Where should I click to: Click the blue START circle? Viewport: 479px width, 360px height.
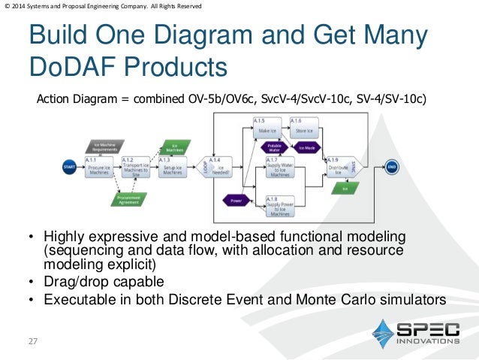69,167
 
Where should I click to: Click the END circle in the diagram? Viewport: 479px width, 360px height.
391,167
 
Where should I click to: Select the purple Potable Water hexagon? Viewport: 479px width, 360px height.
275,147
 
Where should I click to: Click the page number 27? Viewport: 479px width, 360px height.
32,343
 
